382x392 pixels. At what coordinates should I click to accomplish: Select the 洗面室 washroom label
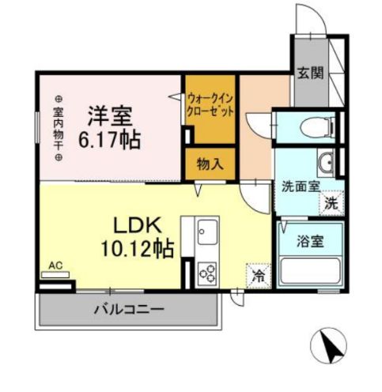301,187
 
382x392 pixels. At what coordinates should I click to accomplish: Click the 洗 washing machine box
331,202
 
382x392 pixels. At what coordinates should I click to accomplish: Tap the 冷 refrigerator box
259,276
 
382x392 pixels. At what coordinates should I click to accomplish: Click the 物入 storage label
210,165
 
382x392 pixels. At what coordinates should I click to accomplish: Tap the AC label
55,265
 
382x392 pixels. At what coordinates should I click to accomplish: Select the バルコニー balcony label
131,308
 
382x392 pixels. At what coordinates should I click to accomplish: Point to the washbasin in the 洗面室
327,163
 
